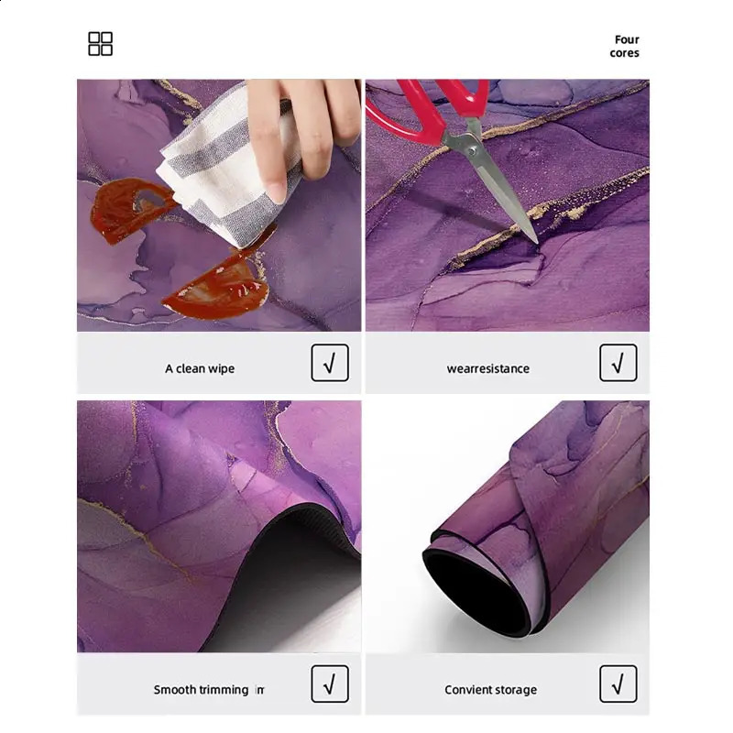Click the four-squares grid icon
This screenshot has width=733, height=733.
point(100,44)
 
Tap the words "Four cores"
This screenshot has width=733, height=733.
point(624,47)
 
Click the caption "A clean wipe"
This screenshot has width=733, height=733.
point(200,369)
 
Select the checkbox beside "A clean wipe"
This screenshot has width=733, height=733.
point(330,363)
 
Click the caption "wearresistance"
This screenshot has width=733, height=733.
point(488,369)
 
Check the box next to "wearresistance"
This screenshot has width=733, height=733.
point(618,363)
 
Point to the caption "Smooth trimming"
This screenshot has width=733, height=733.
point(201,690)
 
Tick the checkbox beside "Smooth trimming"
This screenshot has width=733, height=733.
point(330,684)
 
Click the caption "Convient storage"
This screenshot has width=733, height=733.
point(490,690)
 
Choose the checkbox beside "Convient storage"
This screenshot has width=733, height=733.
point(618,684)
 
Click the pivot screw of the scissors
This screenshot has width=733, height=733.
point(471,151)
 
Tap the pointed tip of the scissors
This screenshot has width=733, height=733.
point(537,243)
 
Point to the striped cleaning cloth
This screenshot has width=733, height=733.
point(224,173)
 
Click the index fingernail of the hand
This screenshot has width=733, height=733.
point(278,192)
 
